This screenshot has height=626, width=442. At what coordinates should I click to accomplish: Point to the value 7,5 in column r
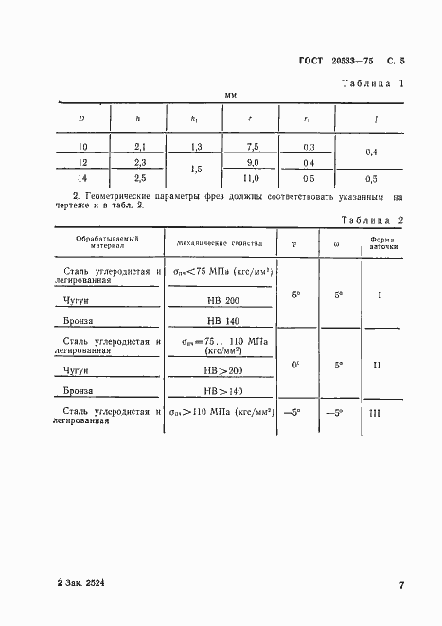point(252,147)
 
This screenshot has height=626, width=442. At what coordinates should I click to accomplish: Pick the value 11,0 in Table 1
point(252,178)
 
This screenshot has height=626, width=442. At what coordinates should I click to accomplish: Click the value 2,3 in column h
point(139,162)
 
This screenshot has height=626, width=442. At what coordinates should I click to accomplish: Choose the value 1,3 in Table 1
point(195,147)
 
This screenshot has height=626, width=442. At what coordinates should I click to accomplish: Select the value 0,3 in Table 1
point(309,147)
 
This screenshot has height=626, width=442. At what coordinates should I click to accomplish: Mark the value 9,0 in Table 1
point(252,162)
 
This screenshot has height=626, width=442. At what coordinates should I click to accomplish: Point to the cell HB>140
point(223,389)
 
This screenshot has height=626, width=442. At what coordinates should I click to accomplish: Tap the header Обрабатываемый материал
point(106,243)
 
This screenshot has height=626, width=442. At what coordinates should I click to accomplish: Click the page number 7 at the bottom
point(401,586)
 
